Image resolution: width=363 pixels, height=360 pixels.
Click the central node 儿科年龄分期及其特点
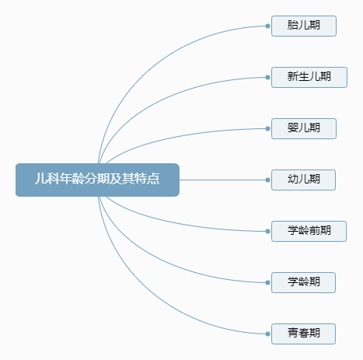pos(97,180)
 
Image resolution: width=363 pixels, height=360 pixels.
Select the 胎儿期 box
pos(304,26)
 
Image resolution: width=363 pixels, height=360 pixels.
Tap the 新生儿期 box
pos(309,77)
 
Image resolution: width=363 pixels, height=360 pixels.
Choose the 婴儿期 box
pos(304,128)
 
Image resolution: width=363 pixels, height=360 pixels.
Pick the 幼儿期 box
pos(303,180)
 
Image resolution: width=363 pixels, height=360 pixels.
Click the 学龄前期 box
pos(309,231)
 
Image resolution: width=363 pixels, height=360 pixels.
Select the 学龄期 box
pos(303,282)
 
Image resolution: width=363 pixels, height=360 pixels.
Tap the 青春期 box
pos(303,334)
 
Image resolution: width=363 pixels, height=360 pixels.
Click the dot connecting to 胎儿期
pos(267,26)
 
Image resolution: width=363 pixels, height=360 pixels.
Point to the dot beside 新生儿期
pos(267,77)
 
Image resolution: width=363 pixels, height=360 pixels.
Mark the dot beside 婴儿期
pos(267,128)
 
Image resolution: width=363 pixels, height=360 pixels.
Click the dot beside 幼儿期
pos(267,180)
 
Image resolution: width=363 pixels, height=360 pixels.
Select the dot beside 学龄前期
pos(267,231)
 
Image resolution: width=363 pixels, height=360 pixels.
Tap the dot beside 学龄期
pos(267,282)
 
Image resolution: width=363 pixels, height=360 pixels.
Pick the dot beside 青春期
pos(267,334)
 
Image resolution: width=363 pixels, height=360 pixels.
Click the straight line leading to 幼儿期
pos(222,180)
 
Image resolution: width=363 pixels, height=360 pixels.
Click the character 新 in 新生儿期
pos(292,77)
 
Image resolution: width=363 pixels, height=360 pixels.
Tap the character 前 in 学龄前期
pos(314,230)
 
